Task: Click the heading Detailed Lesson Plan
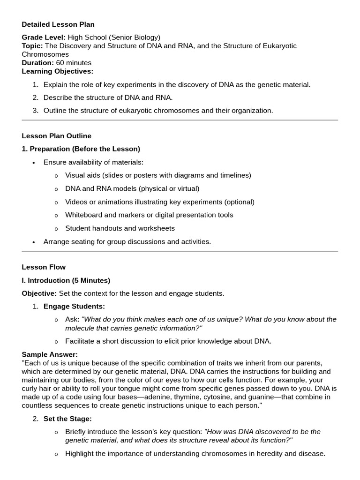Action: coord(58,24)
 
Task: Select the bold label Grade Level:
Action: coord(44,37)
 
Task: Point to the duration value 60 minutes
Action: coord(74,63)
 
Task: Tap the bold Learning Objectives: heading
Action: coord(57,71)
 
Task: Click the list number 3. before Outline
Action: coord(36,111)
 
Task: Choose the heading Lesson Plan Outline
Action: coord(56,136)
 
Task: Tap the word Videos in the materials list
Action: coord(76,202)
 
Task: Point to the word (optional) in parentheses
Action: coord(239,202)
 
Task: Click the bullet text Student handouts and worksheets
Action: coord(120,228)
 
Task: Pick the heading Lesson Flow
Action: coord(44,267)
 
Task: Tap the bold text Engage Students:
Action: coord(74,307)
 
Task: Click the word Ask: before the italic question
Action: coord(72,319)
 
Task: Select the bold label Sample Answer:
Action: coord(50,354)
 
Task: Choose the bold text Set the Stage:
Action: coord(67,419)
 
